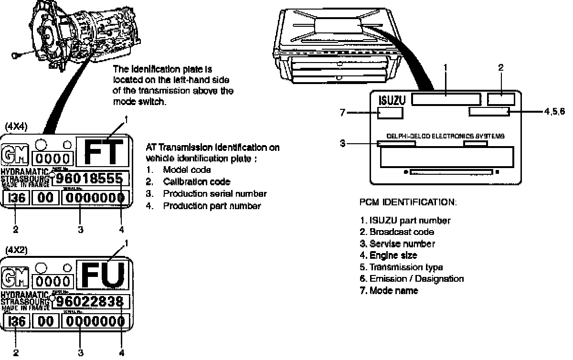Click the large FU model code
click(x=104, y=275)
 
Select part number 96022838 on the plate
click(x=91, y=302)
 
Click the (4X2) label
click(x=16, y=250)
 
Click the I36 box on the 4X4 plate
click(x=16, y=198)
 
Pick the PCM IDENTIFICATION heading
click(x=408, y=202)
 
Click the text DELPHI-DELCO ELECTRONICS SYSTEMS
click(x=445, y=136)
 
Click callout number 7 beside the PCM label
click(x=342, y=113)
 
